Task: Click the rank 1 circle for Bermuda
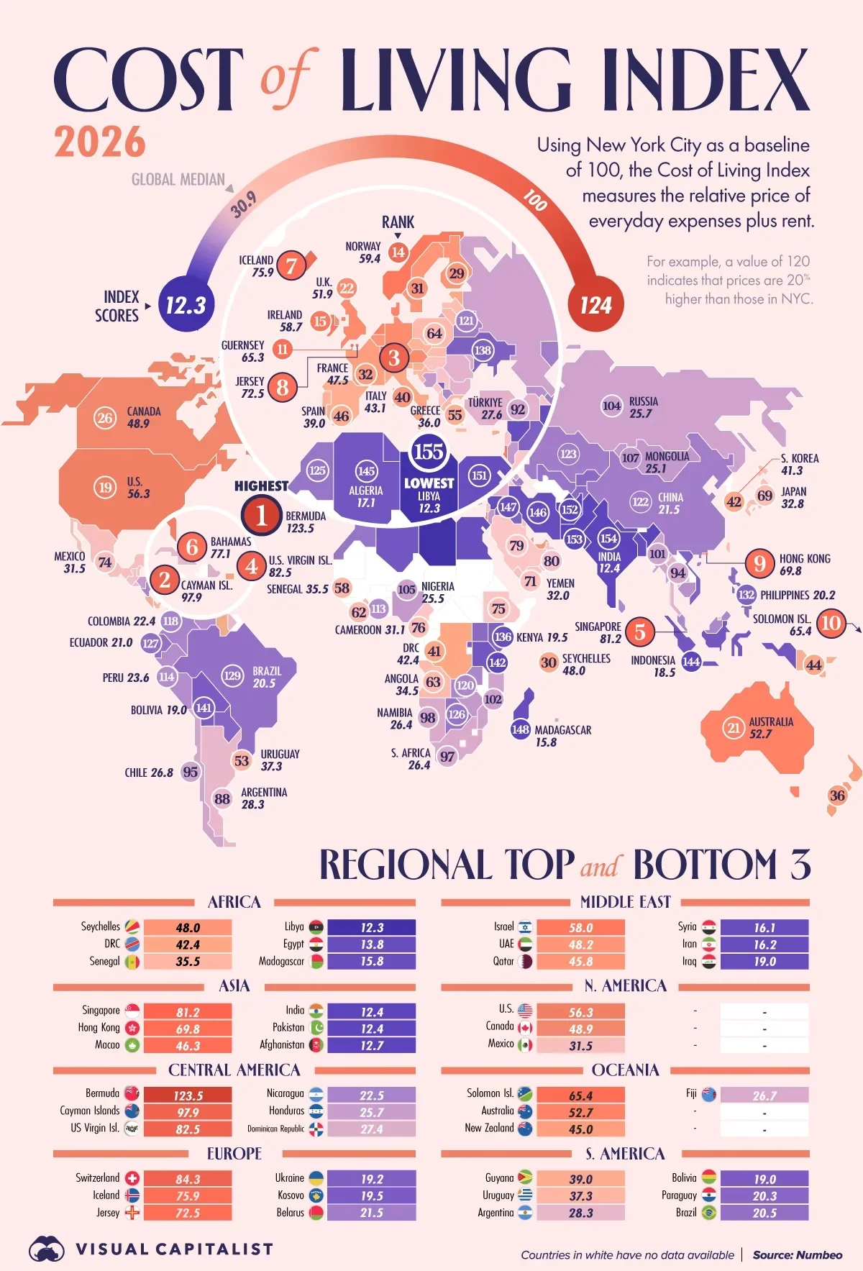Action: coord(261,515)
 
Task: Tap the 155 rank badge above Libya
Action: coord(428,452)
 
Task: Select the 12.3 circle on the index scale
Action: coord(186,306)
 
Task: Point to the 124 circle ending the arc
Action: coord(595,306)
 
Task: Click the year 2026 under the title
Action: coord(100,142)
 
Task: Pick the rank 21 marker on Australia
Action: coord(734,728)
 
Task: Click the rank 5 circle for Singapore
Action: coord(639,632)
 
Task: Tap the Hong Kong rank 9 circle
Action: coord(759,563)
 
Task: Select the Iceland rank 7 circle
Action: coord(291,266)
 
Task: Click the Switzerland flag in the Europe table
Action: coord(132,1178)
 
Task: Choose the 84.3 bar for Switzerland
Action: coord(188,1179)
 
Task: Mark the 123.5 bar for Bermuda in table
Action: coord(188,1095)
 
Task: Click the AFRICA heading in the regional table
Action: coord(234,902)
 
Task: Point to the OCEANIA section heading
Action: coord(625,1070)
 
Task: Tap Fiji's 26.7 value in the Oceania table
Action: coord(764,1095)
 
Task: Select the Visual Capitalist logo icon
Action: coord(47,1249)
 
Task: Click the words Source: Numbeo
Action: coord(797,1254)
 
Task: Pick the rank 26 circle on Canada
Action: coord(105,418)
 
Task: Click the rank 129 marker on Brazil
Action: coord(232,675)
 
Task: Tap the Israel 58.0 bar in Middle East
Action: coord(580,928)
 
